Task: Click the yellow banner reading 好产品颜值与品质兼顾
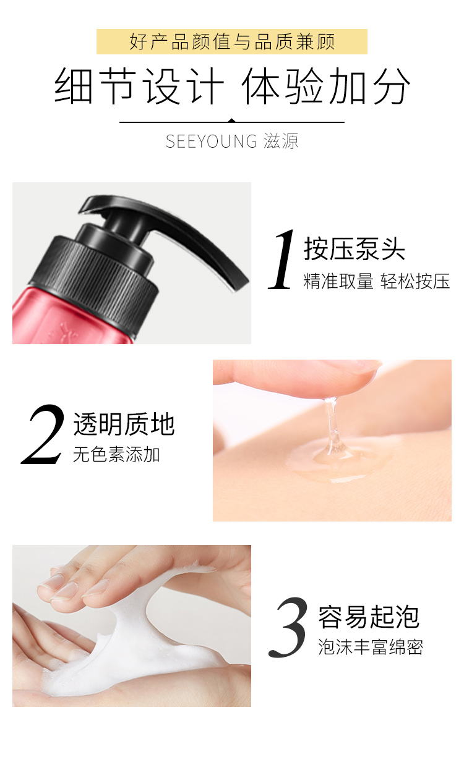click(232, 42)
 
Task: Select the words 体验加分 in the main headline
click(327, 86)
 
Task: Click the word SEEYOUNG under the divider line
click(212, 141)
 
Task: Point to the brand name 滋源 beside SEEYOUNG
click(281, 141)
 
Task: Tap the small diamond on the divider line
click(232, 120)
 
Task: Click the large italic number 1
click(282, 259)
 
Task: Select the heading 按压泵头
click(354, 248)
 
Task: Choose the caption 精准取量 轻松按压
click(377, 281)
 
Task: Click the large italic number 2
click(43, 434)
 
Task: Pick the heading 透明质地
click(124, 424)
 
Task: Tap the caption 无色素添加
click(116, 454)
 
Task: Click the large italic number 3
click(288, 627)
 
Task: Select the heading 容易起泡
click(369, 617)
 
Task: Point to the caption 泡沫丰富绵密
click(371, 647)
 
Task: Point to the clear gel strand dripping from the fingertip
click(331, 428)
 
